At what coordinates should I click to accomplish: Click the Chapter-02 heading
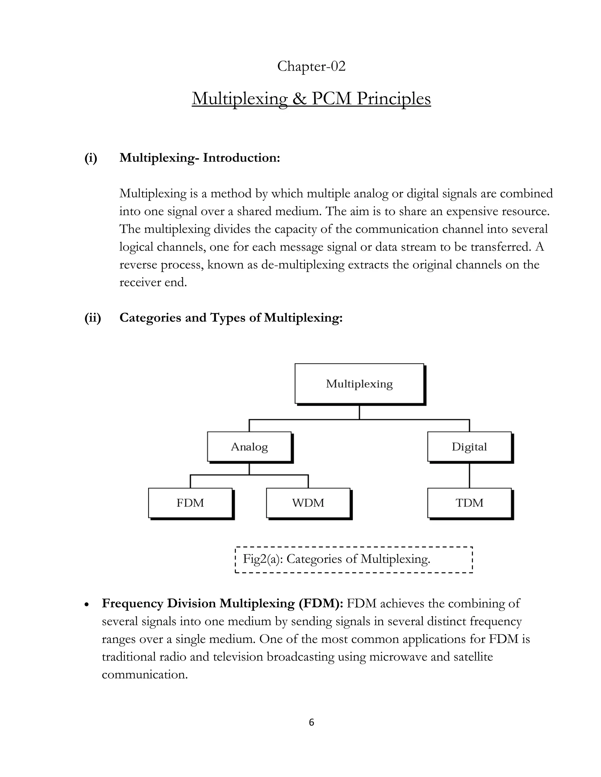tap(311, 67)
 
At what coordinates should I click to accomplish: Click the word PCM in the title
tap(332, 99)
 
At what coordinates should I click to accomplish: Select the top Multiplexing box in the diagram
tap(359, 384)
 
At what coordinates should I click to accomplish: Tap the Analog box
tap(249, 447)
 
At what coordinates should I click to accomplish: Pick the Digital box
tap(469, 447)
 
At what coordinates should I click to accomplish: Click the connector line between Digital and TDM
tap(469, 475)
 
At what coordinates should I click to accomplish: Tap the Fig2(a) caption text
tap(337, 559)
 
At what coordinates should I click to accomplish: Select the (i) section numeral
tap(91, 158)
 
